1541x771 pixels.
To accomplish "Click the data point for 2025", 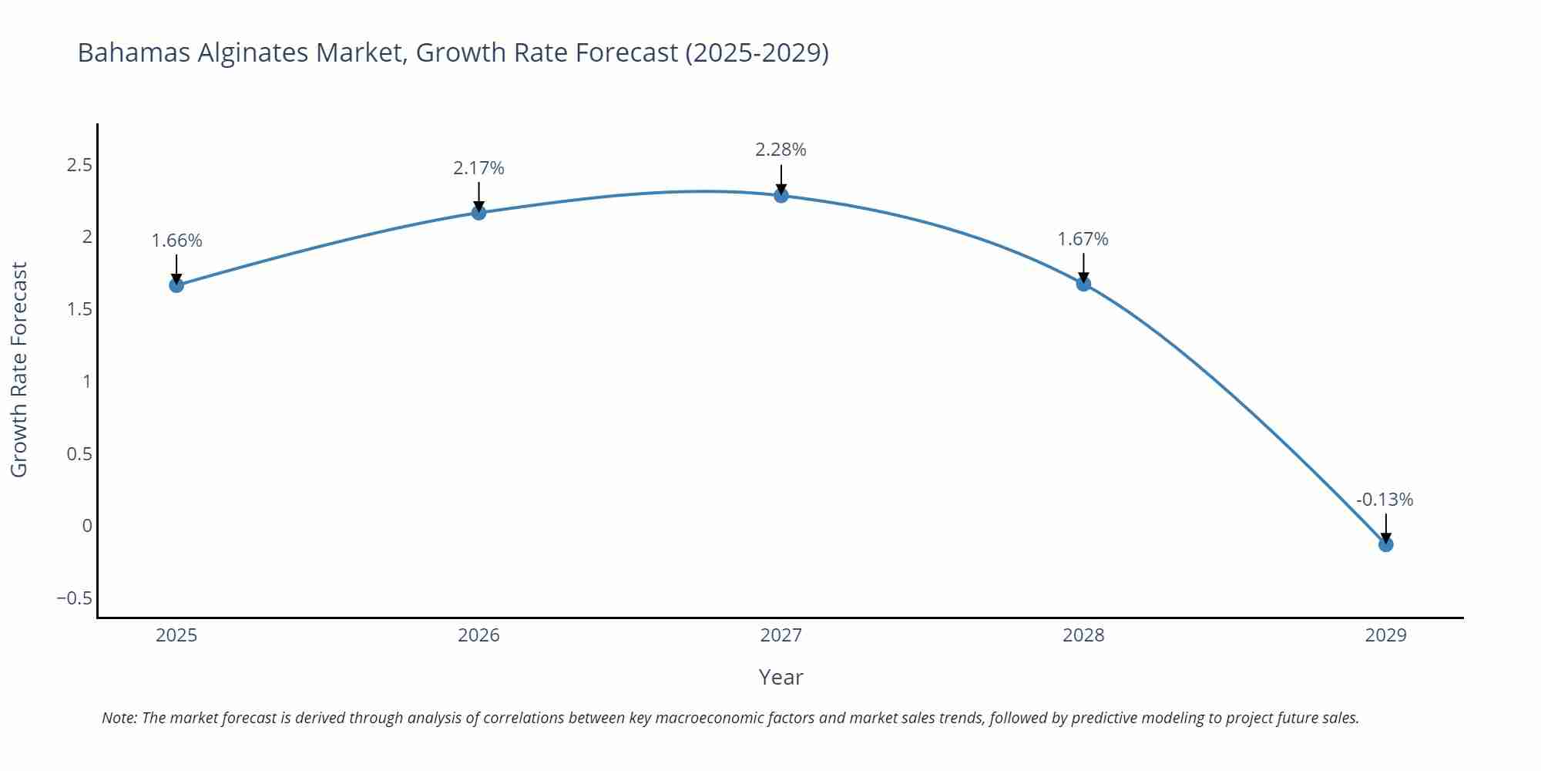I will point(176,285).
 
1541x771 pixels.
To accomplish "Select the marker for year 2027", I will point(781,196).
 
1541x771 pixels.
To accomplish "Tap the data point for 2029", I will point(1385,545).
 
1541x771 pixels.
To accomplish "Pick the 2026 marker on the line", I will point(478,213).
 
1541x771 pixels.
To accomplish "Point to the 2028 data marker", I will point(1083,284).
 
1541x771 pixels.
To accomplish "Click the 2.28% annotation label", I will point(781,150).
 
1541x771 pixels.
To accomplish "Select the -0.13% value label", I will point(1385,500).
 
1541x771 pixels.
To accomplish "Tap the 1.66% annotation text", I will point(176,241).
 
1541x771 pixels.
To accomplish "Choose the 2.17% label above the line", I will point(478,168).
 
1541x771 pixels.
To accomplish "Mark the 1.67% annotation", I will point(1083,239).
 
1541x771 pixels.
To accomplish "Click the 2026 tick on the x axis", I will point(478,635).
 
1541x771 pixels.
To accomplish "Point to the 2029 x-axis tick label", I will point(1385,635).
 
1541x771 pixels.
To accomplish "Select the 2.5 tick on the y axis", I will point(79,165).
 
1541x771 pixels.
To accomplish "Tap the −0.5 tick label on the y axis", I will point(74,598).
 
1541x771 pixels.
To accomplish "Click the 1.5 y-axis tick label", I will point(79,309).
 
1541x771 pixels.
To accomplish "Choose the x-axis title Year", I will point(781,677).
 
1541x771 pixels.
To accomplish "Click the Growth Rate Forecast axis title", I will point(18,370).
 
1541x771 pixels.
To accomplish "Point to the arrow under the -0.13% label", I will point(1385,529).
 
